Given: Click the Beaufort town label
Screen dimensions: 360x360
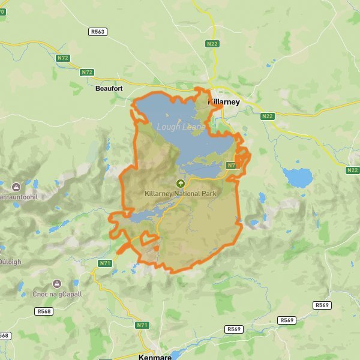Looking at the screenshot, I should [x=109, y=88].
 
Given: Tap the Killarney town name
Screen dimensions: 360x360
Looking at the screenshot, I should [x=224, y=102].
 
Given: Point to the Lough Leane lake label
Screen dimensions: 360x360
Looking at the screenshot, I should [x=181, y=127].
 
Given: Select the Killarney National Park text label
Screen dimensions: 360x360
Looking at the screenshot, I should [x=180, y=193].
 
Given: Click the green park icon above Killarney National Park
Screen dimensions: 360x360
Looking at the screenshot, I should [x=179, y=184].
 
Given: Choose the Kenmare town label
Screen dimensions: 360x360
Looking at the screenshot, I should [x=155, y=356].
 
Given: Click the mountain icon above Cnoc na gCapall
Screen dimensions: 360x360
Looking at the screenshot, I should [x=57, y=283].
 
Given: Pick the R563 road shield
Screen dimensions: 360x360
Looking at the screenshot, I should [x=98, y=32].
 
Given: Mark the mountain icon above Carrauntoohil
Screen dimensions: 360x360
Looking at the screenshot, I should [x=16, y=184].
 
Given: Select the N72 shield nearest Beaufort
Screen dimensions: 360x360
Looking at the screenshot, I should [x=88, y=72].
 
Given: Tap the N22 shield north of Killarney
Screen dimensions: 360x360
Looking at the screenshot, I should [x=212, y=44].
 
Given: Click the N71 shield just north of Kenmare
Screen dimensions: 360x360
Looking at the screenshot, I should [x=142, y=325].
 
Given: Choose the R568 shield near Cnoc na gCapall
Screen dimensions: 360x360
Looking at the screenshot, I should [x=44, y=311].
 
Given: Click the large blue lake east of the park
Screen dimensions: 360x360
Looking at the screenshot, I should [x=298, y=177].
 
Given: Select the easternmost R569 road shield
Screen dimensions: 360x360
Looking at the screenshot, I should [x=322, y=305].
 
